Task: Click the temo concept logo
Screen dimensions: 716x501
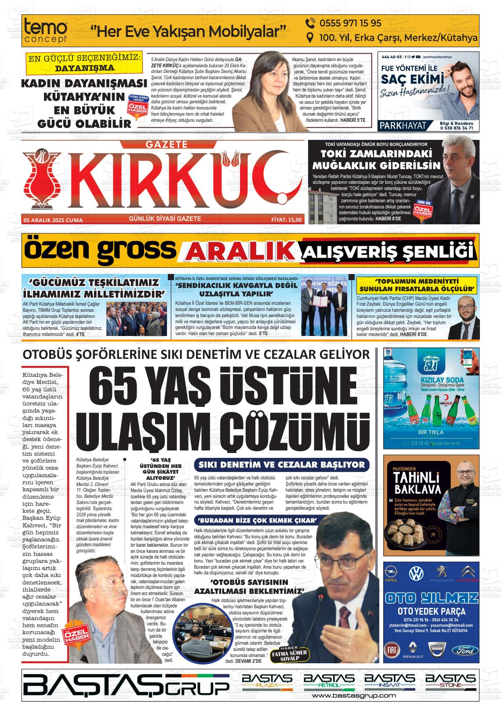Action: tap(46, 31)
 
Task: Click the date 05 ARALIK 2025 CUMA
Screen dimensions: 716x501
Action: tap(53, 220)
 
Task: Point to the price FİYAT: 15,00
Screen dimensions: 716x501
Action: tap(286, 219)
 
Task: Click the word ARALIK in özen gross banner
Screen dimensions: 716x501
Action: tap(240, 252)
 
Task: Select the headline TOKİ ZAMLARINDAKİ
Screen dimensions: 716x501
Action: tap(374, 154)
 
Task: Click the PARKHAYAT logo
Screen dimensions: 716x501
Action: tap(403, 125)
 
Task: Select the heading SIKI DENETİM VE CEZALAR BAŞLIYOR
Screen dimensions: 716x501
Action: tap(282, 464)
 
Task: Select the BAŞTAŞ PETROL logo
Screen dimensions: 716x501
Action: tap(326, 680)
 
